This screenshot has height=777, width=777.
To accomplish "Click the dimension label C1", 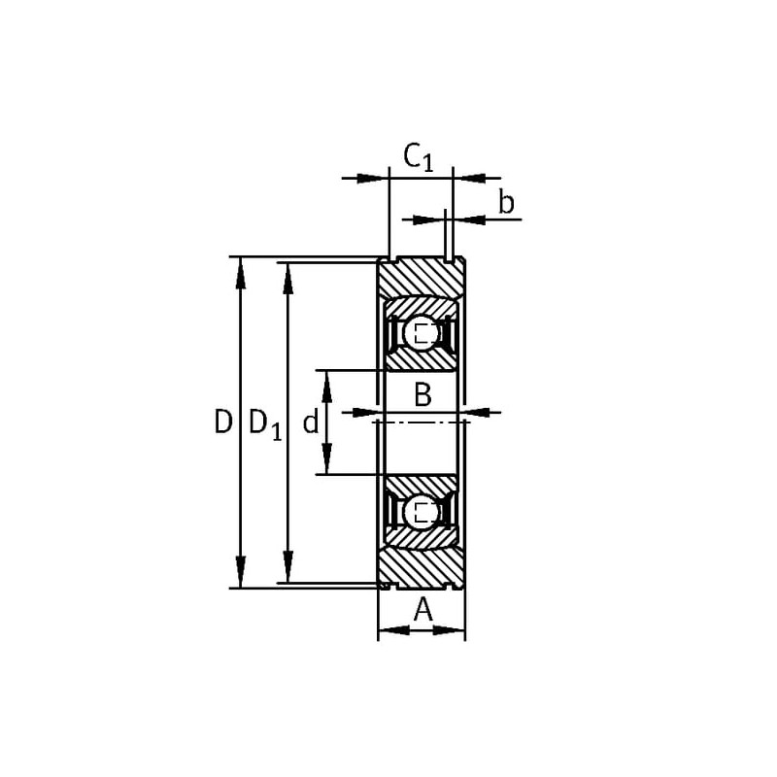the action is tap(419, 157).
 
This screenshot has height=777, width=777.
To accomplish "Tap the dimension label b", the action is tap(506, 203).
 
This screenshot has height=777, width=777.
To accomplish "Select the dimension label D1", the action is tap(264, 424).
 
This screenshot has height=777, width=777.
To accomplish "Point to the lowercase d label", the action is tap(310, 423).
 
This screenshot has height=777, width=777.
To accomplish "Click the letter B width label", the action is tap(422, 395).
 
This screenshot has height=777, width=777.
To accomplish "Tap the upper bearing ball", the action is tap(421, 332).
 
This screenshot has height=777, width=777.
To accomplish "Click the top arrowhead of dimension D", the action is tap(241, 273).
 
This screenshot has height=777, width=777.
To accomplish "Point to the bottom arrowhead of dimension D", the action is tap(241, 573).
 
